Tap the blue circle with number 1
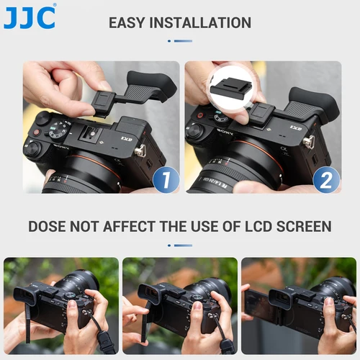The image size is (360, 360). point(166,179)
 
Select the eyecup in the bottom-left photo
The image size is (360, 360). point(27,295)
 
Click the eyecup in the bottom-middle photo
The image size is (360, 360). point(148,295)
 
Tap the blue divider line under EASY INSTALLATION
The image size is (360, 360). point(180,41)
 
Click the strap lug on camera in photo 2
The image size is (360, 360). point(309,143)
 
